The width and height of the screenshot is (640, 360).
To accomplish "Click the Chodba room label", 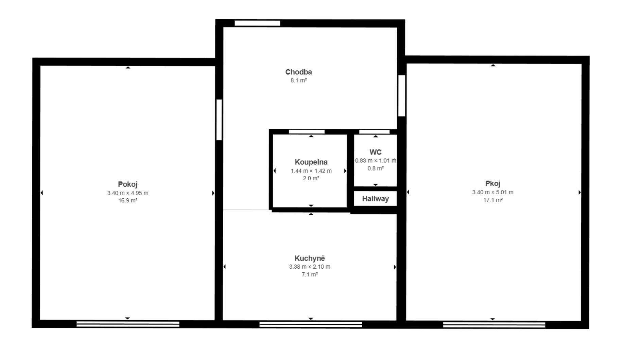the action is pos(298,72).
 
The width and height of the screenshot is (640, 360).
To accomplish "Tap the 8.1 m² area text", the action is pos(299,80).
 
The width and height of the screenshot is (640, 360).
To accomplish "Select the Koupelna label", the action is pos(311,162).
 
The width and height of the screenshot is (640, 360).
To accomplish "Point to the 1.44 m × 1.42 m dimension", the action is pos(311,171).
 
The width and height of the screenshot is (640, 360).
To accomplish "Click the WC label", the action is pos(376,152).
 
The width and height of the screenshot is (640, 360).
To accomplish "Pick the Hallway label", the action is pos(375,199).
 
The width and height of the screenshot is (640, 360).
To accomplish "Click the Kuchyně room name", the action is pos(310,258).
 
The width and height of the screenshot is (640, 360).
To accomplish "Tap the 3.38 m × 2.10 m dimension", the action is pos(310,267).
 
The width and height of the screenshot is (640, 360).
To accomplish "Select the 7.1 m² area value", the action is pos(310,274).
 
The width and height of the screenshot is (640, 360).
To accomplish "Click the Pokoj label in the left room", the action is pos(127,184).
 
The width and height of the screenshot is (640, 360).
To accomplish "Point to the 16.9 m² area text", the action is pos(128,200).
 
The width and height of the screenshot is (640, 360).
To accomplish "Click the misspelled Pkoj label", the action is pos(492,183).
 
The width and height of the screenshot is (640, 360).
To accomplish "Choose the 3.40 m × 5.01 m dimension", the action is pos(492,192).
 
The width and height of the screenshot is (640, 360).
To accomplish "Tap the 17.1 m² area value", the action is pos(493,200).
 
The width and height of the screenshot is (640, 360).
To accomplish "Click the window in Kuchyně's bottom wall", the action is pos(311,324).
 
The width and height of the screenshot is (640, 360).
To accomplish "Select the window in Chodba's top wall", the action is pos(257,23).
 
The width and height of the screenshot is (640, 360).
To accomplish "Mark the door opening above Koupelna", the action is pos(307,131).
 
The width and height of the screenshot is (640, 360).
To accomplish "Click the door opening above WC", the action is pos(374,131).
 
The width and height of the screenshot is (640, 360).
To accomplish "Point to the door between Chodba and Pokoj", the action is pos(219,120).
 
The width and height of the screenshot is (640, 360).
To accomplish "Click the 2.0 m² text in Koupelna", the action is pos(311,178).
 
